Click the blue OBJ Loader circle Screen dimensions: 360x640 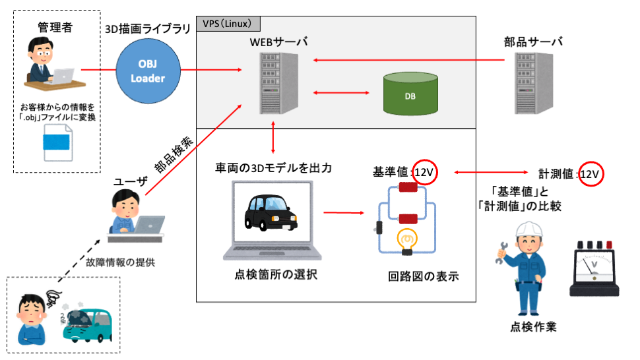147,71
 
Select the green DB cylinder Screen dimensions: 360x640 410,95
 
